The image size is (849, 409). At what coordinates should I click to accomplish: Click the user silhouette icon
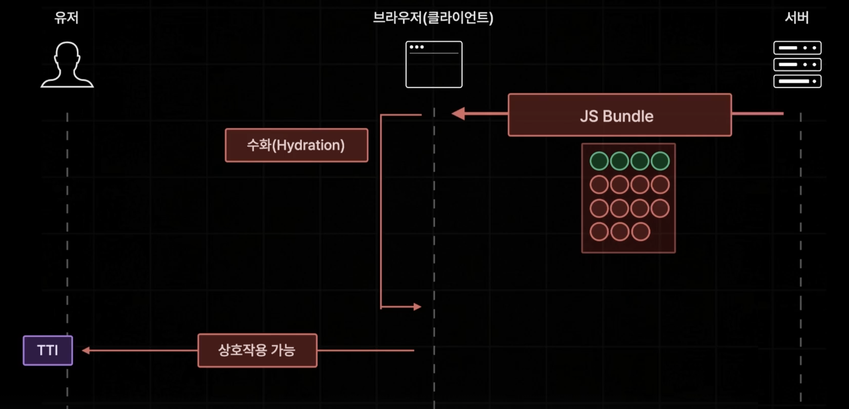[x=67, y=65]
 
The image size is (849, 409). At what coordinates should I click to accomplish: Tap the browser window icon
[x=434, y=65]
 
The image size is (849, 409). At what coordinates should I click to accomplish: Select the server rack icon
[x=797, y=65]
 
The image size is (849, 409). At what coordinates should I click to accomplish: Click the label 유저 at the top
[x=67, y=18]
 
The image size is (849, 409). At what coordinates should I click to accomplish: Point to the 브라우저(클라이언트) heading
[x=433, y=18]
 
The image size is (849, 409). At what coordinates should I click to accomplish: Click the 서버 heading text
[x=797, y=18]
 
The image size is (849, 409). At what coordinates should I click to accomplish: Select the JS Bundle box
[x=619, y=115]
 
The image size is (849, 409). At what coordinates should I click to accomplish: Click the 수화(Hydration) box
[x=296, y=145]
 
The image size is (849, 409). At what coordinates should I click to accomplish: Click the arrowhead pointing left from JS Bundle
[x=458, y=114]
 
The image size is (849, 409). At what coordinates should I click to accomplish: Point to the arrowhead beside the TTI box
[x=86, y=351]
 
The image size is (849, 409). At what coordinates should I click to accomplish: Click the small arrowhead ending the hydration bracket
[x=417, y=307]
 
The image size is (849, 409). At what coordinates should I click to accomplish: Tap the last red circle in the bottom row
[x=640, y=232]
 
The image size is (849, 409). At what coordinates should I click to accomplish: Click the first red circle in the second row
[x=599, y=185]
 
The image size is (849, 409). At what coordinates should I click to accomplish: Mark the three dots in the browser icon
[x=417, y=47]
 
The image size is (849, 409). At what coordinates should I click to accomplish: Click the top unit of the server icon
[x=797, y=48]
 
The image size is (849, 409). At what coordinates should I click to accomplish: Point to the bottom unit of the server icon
[x=797, y=81]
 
